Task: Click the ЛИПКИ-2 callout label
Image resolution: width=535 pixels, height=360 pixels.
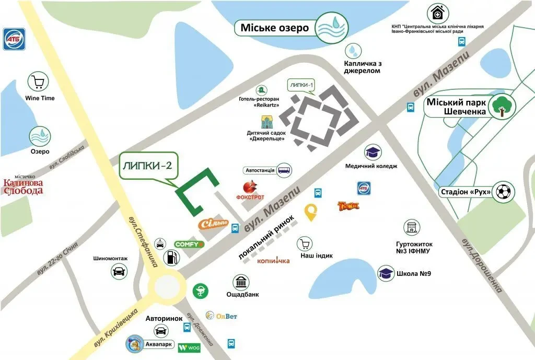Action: [147, 166]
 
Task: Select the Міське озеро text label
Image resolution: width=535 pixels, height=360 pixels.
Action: [275, 28]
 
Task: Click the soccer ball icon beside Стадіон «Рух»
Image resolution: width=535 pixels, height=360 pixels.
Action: [505, 192]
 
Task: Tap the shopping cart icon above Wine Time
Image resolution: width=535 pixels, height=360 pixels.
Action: [39, 82]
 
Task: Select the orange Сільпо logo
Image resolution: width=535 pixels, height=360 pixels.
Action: [213, 224]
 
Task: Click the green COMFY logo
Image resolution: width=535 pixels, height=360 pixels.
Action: [189, 244]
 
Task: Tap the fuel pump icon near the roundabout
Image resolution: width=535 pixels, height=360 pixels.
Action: [170, 257]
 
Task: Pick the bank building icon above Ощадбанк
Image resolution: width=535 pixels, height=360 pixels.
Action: [241, 283]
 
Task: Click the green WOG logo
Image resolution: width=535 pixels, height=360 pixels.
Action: [189, 347]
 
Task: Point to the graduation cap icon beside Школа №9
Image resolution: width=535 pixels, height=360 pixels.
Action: [386, 273]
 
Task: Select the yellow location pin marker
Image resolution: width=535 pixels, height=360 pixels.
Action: [311, 212]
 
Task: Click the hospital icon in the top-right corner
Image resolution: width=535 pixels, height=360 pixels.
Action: [437, 13]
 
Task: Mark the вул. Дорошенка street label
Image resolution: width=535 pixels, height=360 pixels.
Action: [482, 265]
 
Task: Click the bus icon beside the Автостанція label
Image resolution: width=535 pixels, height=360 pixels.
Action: [284, 170]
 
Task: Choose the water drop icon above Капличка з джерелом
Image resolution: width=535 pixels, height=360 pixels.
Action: [354, 51]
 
